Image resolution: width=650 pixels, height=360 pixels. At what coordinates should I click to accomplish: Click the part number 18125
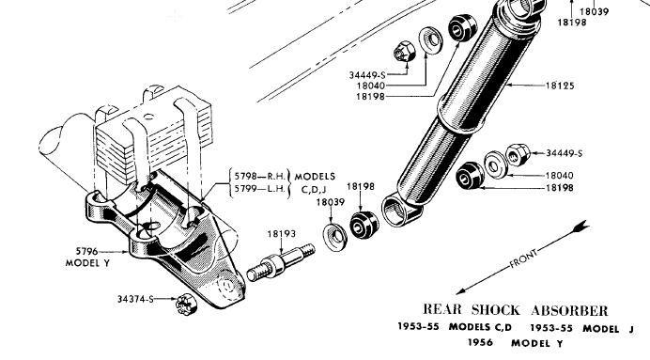pos(561,86)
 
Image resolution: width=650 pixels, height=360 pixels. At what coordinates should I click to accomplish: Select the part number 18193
pos(280,234)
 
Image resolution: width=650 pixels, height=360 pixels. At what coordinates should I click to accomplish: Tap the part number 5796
pos(83,252)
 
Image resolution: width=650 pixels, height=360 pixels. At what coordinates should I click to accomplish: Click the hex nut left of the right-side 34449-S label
pos(517,152)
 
